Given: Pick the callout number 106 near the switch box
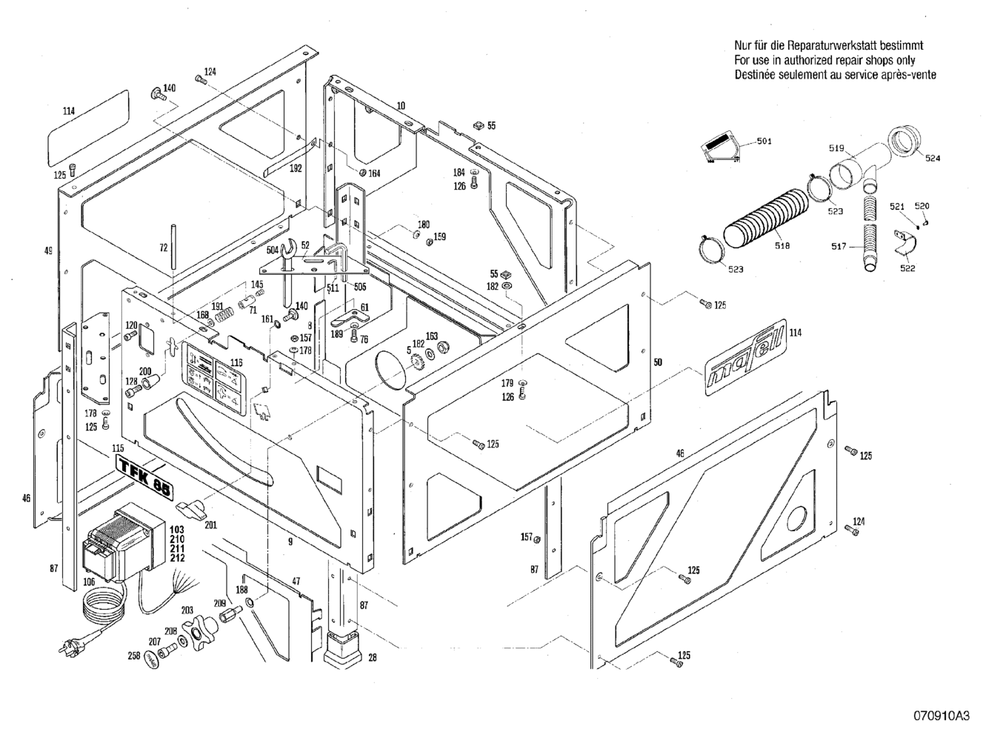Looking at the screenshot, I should click(x=88, y=582).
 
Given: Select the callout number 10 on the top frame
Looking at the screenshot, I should click(x=401, y=106).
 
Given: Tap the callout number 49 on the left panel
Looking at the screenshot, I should click(x=49, y=251).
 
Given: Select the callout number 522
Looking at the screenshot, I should click(x=907, y=269).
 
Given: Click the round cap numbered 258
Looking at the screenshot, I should click(x=153, y=657).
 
